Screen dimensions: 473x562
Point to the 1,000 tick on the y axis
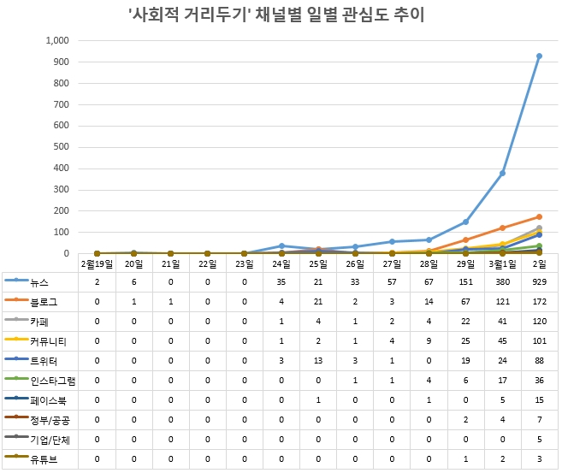(x=52, y=40)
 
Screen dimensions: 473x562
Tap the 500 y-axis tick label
(x=57, y=147)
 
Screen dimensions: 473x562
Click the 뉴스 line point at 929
(x=539, y=56)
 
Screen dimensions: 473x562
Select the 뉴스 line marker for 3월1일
(x=502, y=173)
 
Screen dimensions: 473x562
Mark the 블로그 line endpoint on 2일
(x=539, y=217)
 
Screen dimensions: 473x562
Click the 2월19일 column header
(x=97, y=263)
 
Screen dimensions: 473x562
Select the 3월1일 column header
(x=502, y=263)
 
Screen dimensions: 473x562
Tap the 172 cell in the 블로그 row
(x=539, y=302)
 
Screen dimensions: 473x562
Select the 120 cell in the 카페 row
(x=539, y=322)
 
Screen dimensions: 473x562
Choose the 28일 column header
(x=429, y=263)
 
